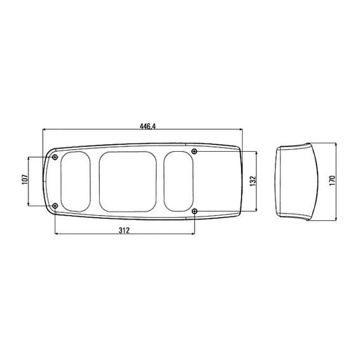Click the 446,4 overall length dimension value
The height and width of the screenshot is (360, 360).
[x=148, y=127]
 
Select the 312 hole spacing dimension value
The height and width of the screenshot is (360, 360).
[x=124, y=231]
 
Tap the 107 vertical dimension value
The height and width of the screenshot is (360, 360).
[x=25, y=180]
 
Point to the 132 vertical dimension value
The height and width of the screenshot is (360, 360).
[x=253, y=181]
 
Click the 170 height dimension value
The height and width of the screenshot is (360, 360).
[x=333, y=181]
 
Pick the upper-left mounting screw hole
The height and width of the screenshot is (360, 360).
[x=55, y=157]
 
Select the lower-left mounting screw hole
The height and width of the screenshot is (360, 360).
[x=55, y=206]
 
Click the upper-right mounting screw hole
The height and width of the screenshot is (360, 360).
[x=194, y=151]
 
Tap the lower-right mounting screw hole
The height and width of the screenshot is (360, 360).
[x=194, y=212]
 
